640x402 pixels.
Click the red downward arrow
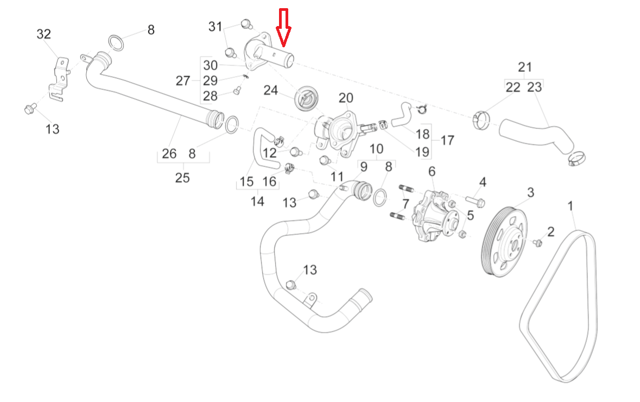[284, 27]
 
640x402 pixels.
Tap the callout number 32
[43, 34]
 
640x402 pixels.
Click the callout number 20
[346, 98]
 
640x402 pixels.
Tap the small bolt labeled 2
[538, 242]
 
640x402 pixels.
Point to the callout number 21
[524, 67]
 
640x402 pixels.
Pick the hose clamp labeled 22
[480, 120]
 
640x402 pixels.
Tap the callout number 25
[182, 177]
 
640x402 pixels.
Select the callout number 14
[257, 202]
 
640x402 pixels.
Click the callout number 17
[447, 140]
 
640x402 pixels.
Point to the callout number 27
[183, 81]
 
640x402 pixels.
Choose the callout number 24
[271, 90]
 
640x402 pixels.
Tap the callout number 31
[216, 26]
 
